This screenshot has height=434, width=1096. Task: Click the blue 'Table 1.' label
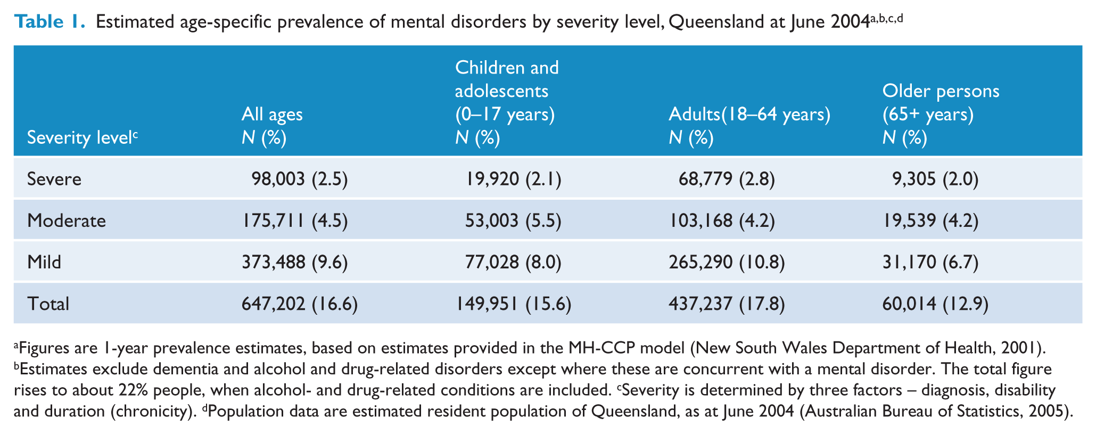click(x=50, y=22)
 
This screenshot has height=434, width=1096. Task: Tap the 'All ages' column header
click(x=272, y=114)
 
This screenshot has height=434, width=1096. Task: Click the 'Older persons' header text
click(x=941, y=91)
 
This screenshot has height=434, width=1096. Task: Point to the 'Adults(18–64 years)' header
click(x=749, y=114)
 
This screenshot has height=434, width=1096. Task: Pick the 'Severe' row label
click(x=54, y=179)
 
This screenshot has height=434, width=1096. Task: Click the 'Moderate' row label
click(x=67, y=220)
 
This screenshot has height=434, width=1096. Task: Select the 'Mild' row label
click(x=44, y=262)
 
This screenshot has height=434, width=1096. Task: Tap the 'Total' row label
click(x=48, y=304)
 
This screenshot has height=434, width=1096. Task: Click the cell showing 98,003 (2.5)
click(x=300, y=179)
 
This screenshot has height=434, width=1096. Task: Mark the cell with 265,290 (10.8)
click(x=727, y=262)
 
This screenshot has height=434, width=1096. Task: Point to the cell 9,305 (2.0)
click(x=935, y=179)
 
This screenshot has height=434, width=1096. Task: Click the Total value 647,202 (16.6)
click(x=300, y=304)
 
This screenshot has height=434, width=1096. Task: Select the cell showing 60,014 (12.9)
click(x=935, y=304)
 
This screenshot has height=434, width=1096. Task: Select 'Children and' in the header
click(x=507, y=68)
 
